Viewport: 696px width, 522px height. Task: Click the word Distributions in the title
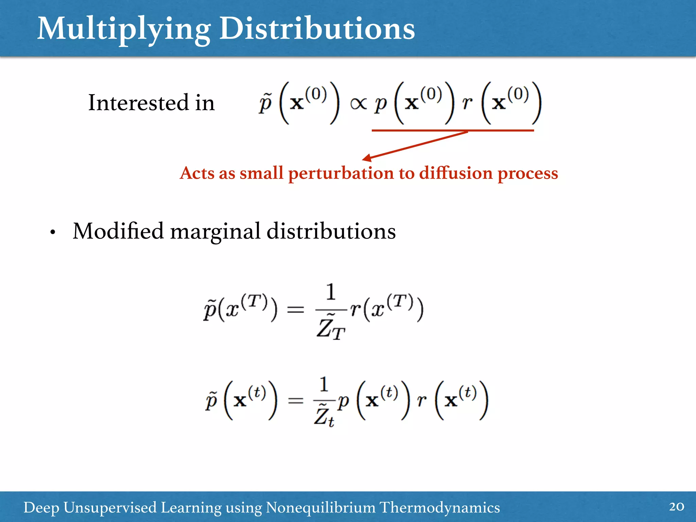coord(317,29)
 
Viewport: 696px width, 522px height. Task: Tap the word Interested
coord(138,103)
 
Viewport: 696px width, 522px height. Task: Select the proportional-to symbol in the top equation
coord(359,104)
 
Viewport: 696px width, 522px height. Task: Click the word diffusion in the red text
coord(456,173)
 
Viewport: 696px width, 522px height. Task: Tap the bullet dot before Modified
coord(52,233)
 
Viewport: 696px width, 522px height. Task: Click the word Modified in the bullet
coord(118,231)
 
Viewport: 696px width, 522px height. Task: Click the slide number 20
coord(676,506)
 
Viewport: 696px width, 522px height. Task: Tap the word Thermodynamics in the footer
coord(439,507)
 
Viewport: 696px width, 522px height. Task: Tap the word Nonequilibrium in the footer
coord(320,507)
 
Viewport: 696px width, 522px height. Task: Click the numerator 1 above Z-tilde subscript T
coord(331,292)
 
